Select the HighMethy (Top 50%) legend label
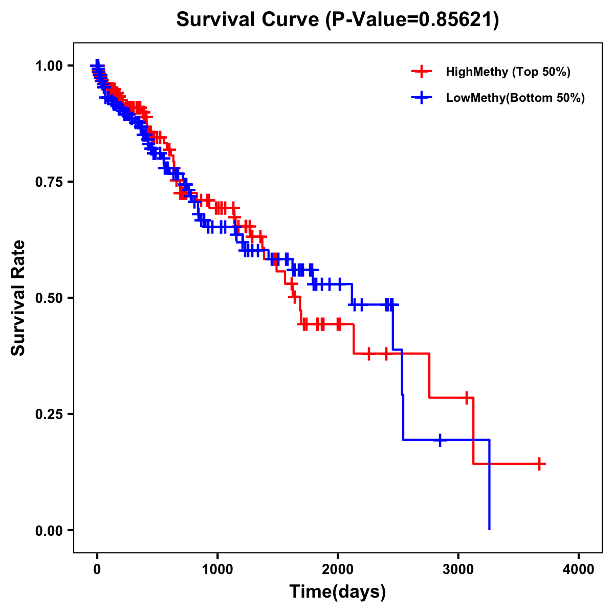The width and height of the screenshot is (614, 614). [x=508, y=72]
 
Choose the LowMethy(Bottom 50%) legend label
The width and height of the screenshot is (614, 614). [x=515, y=98]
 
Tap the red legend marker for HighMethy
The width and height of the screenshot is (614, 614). [x=422, y=72]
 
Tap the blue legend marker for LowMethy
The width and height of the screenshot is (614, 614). [x=422, y=98]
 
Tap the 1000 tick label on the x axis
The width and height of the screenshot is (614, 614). [x=217, y=569]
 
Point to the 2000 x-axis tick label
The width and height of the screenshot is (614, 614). [x=338, y=569]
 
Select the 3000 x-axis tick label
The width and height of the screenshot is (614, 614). [x=458, y=569]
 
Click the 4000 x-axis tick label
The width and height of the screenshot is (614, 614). [x=579, y=569]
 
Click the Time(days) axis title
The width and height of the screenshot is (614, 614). [x=338, y=592]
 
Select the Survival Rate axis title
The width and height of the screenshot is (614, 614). [x=18, y=297]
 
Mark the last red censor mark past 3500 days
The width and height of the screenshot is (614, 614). [x=539, y=464]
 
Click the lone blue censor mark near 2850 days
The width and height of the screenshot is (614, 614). [x=440, y=440]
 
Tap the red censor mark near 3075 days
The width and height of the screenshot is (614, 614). [x=467, y=398]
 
